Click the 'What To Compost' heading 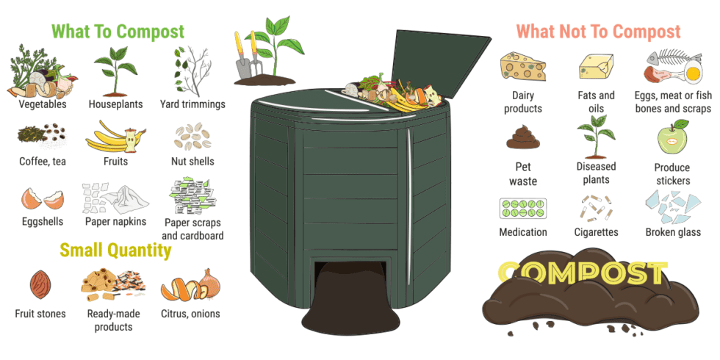118,32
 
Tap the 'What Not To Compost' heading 598,32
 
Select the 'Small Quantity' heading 115,251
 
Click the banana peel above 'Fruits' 110,136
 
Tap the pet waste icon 522,137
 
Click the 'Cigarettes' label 596,232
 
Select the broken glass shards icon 672,207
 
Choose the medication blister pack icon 522,208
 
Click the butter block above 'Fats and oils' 596,67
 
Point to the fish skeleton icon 670,60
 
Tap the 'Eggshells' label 42,221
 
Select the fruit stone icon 40,283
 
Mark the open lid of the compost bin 441,62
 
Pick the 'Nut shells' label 192,161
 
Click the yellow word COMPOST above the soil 580,273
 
